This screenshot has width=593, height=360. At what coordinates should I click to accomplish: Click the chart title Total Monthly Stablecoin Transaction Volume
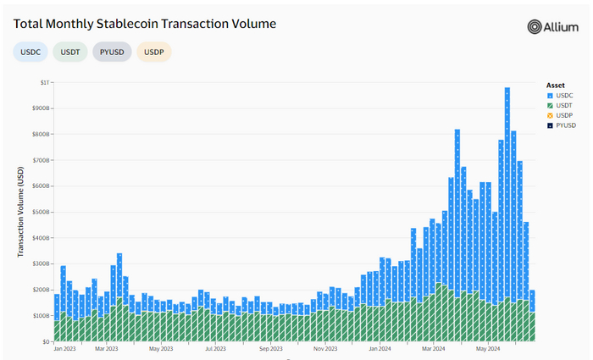144,23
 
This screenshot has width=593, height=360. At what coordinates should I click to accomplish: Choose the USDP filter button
153,52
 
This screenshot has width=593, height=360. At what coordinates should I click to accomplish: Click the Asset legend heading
556,85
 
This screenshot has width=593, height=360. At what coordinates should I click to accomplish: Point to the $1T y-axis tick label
43,82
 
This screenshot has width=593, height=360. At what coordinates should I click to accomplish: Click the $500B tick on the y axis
40,212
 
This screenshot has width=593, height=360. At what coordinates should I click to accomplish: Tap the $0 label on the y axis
46,341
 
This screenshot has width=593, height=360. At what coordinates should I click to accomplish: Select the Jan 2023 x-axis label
65,348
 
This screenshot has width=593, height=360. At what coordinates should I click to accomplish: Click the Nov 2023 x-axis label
326,348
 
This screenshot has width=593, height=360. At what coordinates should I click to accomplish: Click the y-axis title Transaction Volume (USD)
19,212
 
